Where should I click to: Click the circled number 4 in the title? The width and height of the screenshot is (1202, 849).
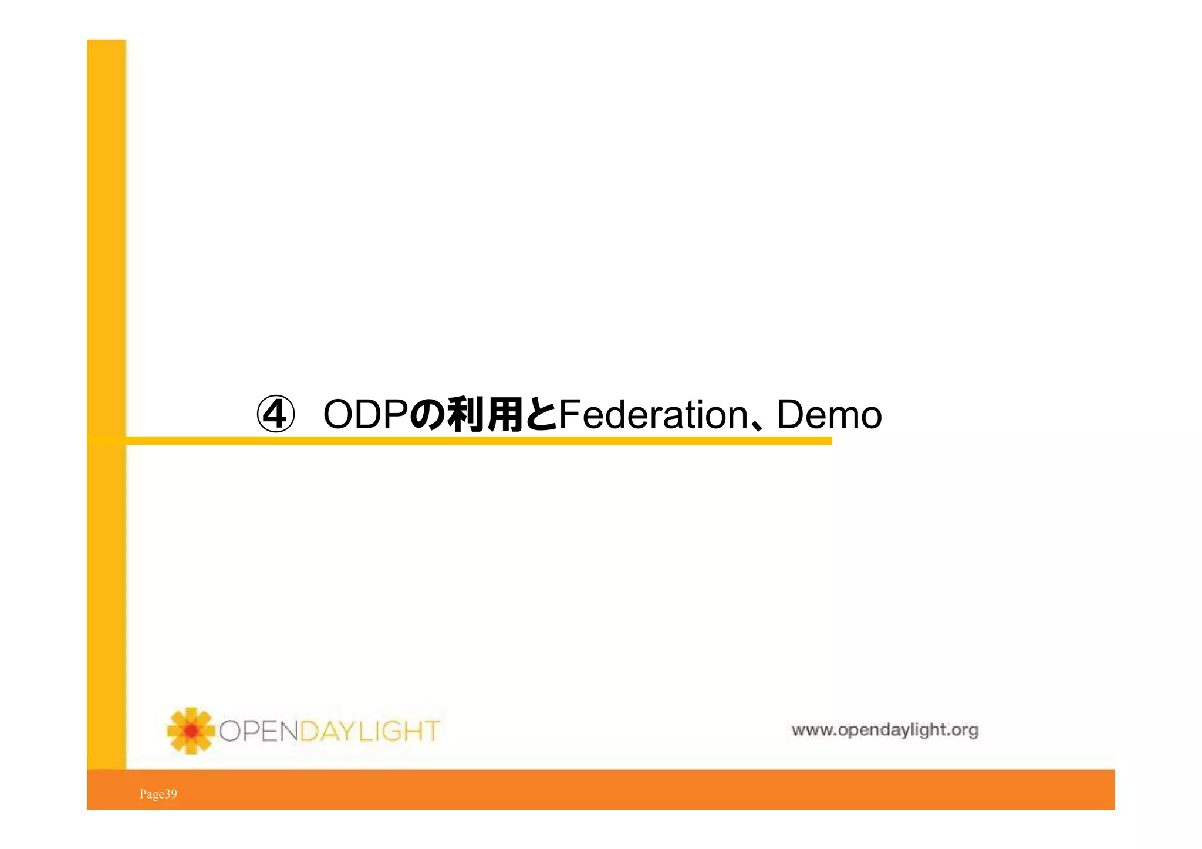tap(275, 415)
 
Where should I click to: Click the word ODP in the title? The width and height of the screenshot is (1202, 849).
tap(365, 415)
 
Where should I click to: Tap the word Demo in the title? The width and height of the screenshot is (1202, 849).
tap(829, 415)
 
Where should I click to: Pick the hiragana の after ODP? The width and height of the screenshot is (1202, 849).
tap(427, 415)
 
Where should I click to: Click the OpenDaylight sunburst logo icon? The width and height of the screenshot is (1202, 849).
tap(190, 730)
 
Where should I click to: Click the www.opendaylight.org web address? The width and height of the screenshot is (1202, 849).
tap(884, 730)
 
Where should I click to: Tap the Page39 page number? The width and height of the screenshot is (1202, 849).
tap(158, 794)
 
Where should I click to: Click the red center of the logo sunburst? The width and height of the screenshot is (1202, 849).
tap(191, 730)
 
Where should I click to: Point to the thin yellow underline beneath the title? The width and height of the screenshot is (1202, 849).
tap(478, 441)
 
